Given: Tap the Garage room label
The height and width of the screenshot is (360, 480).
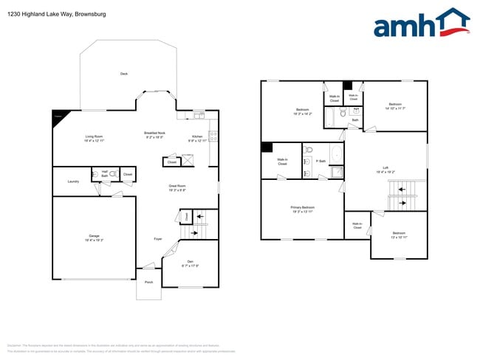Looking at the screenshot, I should click(94, 238).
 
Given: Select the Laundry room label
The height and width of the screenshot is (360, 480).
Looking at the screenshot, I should click(73, 181).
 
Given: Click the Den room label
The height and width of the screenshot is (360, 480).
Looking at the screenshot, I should click(191, 263).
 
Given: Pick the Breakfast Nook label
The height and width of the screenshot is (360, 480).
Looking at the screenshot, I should click(154, 134).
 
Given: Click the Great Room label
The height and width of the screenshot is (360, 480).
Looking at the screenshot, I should click(176, 188).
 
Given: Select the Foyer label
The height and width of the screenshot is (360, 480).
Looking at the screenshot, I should click(158, 239).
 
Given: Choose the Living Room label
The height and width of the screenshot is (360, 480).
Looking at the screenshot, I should click(94, 138).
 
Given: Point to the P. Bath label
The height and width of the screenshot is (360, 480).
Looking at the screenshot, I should click(321, 161).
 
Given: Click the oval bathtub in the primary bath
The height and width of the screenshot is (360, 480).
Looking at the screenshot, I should click(336, 155).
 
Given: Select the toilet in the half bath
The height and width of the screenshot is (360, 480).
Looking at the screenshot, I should click(96, 175).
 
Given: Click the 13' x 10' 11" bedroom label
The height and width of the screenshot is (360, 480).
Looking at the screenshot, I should click(399, 235).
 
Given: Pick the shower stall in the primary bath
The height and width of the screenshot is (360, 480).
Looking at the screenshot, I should click(336, 173).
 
